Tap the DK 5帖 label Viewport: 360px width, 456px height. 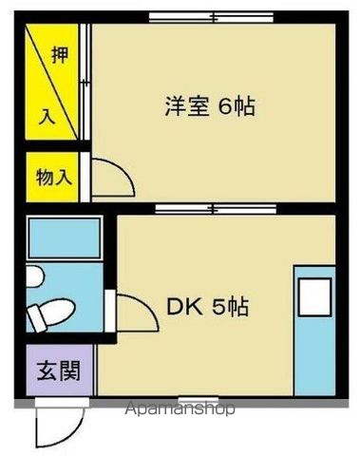209,307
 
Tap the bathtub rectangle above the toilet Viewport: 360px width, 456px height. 65,237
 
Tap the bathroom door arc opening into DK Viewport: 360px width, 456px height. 131,311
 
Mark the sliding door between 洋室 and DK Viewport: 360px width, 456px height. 209,207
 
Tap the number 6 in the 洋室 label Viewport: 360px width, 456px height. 224,106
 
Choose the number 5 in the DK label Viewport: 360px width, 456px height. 218,307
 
